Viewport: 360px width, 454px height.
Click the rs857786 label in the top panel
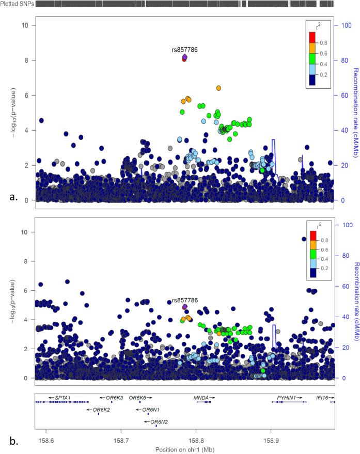tap(185, 50)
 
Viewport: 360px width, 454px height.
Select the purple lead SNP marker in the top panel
tap(185, 57)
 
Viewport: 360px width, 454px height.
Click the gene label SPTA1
tap(62, 398)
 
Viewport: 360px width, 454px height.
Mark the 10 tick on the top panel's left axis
tap(25, 25)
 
